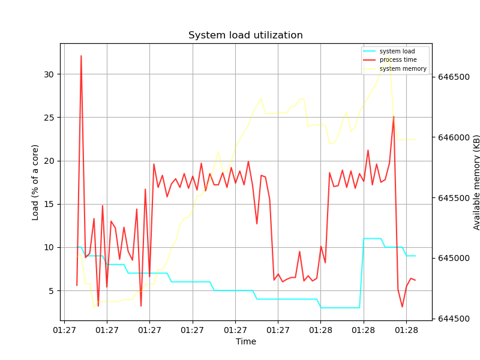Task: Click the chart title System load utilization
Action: (x=245, y=35)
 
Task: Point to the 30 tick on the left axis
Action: (x=49, y=74)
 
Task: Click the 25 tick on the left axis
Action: (x=49, y=118)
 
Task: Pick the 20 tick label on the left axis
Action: (x=49, y=161)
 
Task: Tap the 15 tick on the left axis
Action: (x=49, y=204)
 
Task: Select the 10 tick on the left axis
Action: (x=49, y=247)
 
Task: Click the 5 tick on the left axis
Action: (x=51, y=291)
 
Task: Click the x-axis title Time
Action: (x=245, y=342)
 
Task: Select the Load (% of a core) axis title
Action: (x=35, y=182)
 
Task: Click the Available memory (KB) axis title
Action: (x=477, y=182)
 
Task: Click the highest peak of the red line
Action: (x=81, y=56)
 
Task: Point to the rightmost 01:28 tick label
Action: (x=406, y=330)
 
